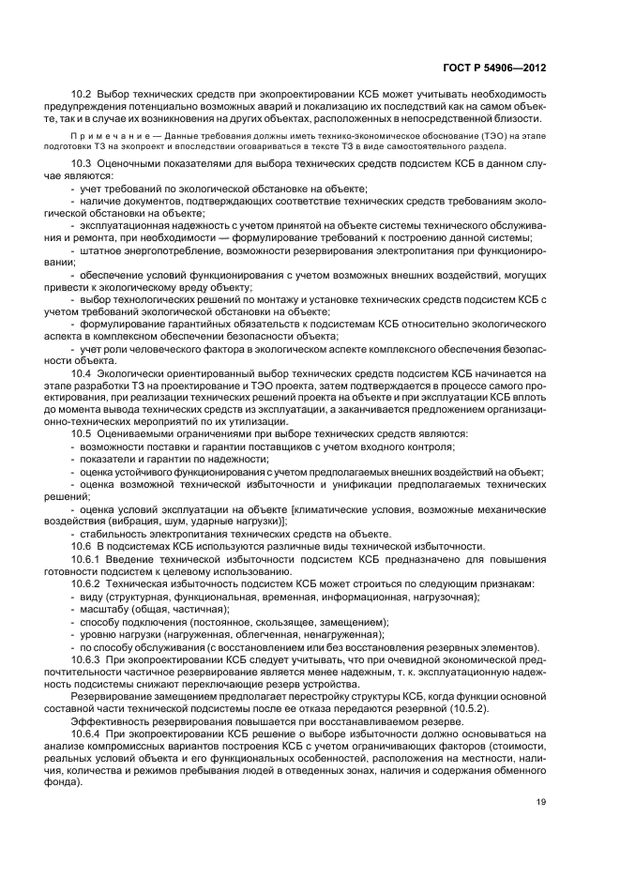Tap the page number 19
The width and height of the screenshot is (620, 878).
tap(542, 801)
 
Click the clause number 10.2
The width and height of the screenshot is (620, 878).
tap(82, 95)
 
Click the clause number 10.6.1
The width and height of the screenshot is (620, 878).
tap(85, 559)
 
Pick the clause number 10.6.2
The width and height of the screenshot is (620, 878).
tap(85, 583)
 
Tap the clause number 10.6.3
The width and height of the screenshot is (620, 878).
tap(85, 659)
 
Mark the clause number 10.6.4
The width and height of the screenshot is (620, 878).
tap(85, 733)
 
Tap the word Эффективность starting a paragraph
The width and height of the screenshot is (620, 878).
tap(108, 720)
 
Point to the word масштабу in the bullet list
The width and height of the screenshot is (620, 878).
tap(100, 609)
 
